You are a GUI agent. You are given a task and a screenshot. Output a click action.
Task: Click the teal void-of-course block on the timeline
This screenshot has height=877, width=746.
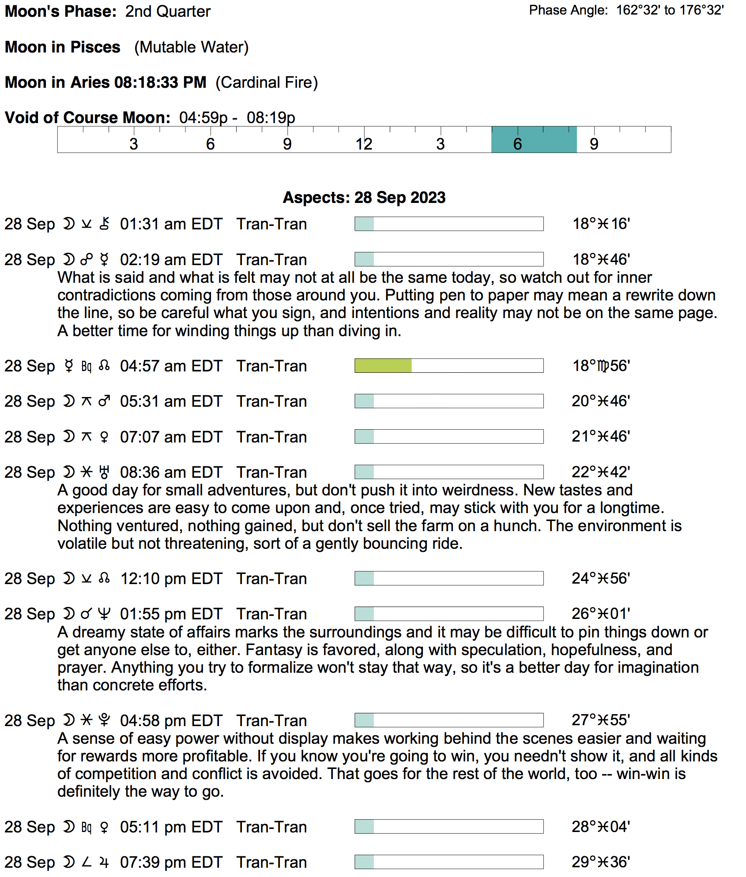534,139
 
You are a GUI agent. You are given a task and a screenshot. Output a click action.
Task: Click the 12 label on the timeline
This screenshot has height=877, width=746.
364,144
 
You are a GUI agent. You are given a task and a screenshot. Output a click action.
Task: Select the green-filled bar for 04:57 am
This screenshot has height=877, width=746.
383,366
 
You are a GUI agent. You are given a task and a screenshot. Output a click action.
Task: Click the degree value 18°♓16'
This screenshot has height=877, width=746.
601,224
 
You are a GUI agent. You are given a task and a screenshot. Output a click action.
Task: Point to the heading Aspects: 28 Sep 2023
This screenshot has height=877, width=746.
364,198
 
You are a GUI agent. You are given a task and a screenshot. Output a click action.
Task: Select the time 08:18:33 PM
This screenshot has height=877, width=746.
160,82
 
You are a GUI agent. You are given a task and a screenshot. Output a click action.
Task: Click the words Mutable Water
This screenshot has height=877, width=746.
191,47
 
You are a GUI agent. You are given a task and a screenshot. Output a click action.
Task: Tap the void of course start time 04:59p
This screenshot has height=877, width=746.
203,118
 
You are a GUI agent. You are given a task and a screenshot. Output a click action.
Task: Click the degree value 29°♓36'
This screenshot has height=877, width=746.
601,862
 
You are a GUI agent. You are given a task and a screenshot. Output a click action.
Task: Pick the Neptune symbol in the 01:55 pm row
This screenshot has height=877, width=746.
104,614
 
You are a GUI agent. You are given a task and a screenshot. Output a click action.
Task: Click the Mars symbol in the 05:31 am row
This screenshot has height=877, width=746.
104,401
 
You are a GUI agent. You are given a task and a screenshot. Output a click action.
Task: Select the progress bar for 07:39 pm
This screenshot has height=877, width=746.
448,862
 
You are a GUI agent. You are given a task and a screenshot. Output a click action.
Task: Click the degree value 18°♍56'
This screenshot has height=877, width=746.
601,366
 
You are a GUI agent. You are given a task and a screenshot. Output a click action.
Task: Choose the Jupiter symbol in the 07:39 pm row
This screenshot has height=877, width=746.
104,862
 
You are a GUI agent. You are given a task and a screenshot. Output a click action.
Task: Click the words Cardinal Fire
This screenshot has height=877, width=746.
267,82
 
